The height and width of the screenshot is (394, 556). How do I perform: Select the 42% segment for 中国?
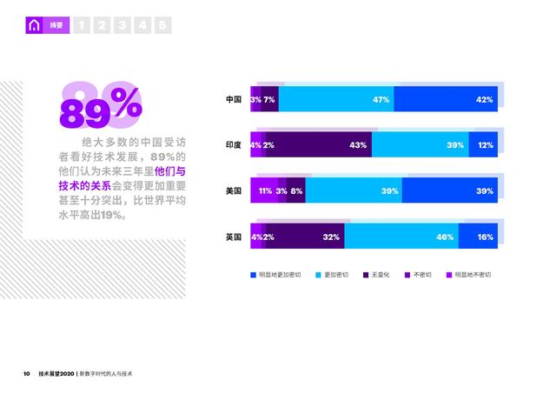click(x=448, y=100)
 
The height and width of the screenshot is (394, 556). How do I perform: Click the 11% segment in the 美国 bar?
click(x=263, y=190)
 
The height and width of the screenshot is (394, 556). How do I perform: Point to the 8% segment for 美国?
click(x=297, y=190)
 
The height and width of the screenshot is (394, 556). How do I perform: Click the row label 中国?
click(x=233, y=100)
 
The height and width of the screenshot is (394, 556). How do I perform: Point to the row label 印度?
click(x=233, y=145)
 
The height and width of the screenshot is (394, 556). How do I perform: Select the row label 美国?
click(x=233, y=190)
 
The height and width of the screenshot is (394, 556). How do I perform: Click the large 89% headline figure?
click(x=100, y=107)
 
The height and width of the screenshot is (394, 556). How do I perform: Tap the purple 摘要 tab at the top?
click(x=55, y=25)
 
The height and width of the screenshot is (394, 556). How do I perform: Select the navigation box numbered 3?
click(x=122, y=25)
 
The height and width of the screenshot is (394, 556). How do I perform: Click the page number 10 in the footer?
click(x=26, y=373)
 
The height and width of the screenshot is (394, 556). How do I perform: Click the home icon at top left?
click(x=34, y=25)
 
